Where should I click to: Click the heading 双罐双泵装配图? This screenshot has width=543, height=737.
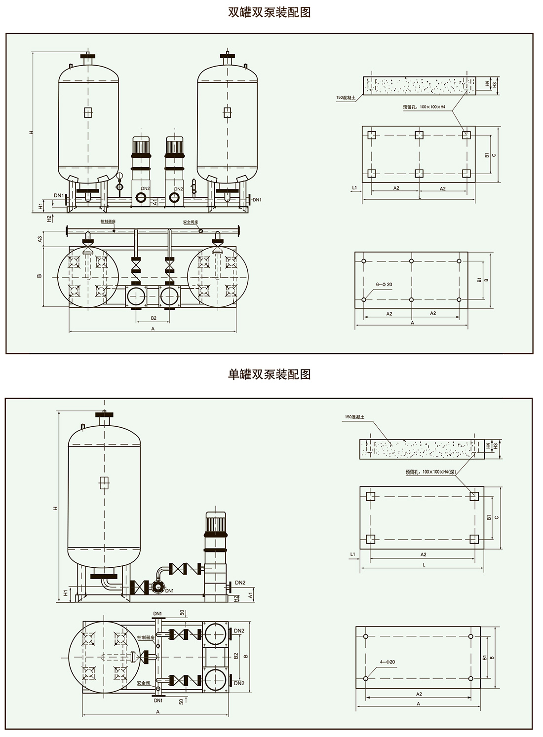tap(269, 12)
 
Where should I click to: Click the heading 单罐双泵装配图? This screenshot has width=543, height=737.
tap(269, 374)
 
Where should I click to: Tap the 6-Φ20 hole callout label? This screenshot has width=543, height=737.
tap(384, 285)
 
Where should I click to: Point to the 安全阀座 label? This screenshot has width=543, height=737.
tap(191, 222)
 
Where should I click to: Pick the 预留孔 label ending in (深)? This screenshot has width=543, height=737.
tap(429, 472)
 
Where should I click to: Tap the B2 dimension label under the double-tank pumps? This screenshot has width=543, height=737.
tap(153, 318)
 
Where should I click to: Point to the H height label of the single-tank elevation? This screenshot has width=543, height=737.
tap(56, 508)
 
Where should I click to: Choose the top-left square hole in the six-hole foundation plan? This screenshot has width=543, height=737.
tap(372, 135)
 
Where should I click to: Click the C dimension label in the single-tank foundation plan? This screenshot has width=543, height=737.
tap(497, 517)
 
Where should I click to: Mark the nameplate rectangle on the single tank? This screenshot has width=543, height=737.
tap(104, 483)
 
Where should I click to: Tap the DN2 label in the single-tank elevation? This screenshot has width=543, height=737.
tap(240, 583)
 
